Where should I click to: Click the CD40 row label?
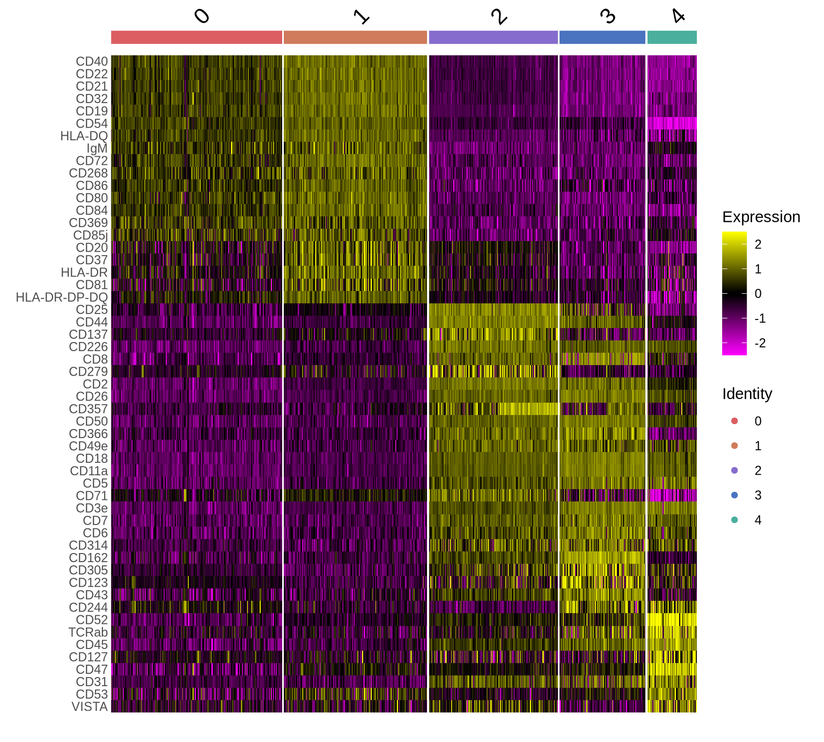click(92, 62)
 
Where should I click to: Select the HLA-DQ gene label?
click(84, 136)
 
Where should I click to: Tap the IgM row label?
click(97, 149)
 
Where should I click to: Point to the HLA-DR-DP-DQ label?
click(62, 297)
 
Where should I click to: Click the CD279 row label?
click(89, 372)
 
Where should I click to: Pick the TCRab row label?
click(88, 632)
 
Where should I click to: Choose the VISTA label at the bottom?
click(90, 707)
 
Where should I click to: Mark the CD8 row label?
click(95, 359)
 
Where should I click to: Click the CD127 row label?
click(89, 657)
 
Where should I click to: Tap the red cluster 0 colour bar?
click(196, 37)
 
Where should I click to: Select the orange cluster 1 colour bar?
click(355, 37)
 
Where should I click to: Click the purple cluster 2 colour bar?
click(494, 37)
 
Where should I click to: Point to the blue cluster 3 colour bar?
click(602, 37)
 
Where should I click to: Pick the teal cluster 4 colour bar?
click(672, 37)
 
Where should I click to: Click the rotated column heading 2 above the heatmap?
click(499, 17)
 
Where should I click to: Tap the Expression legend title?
click(761, 217)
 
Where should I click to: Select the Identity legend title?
click(747, 394)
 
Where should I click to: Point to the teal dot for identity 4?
click(734, 520)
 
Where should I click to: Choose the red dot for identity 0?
click(734, 421)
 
